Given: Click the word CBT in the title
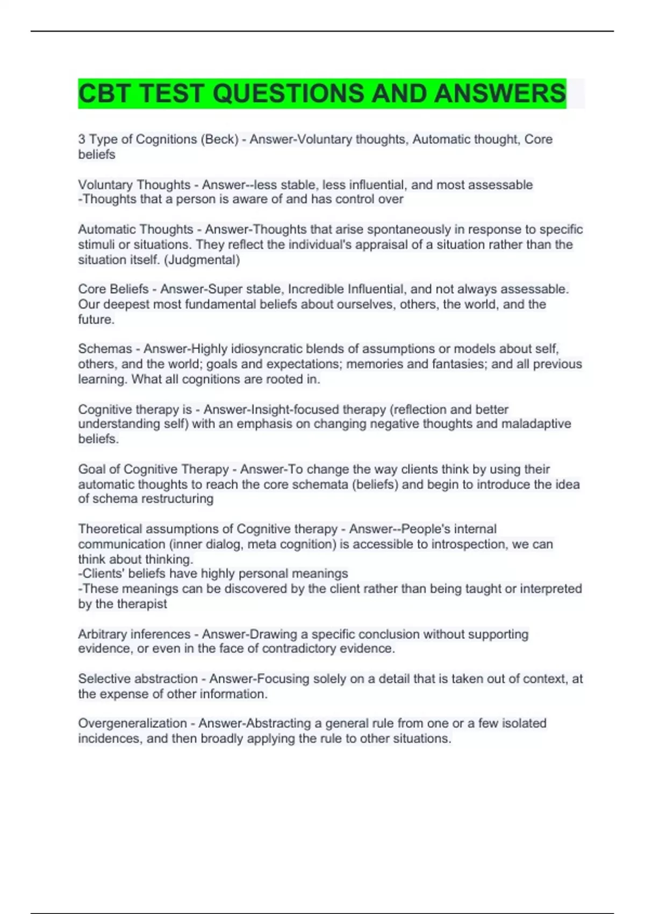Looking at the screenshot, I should [104, 94].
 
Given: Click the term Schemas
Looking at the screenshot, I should [105, 349].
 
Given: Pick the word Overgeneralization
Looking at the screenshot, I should [132, 723].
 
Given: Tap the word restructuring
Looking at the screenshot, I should [168, 499].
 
